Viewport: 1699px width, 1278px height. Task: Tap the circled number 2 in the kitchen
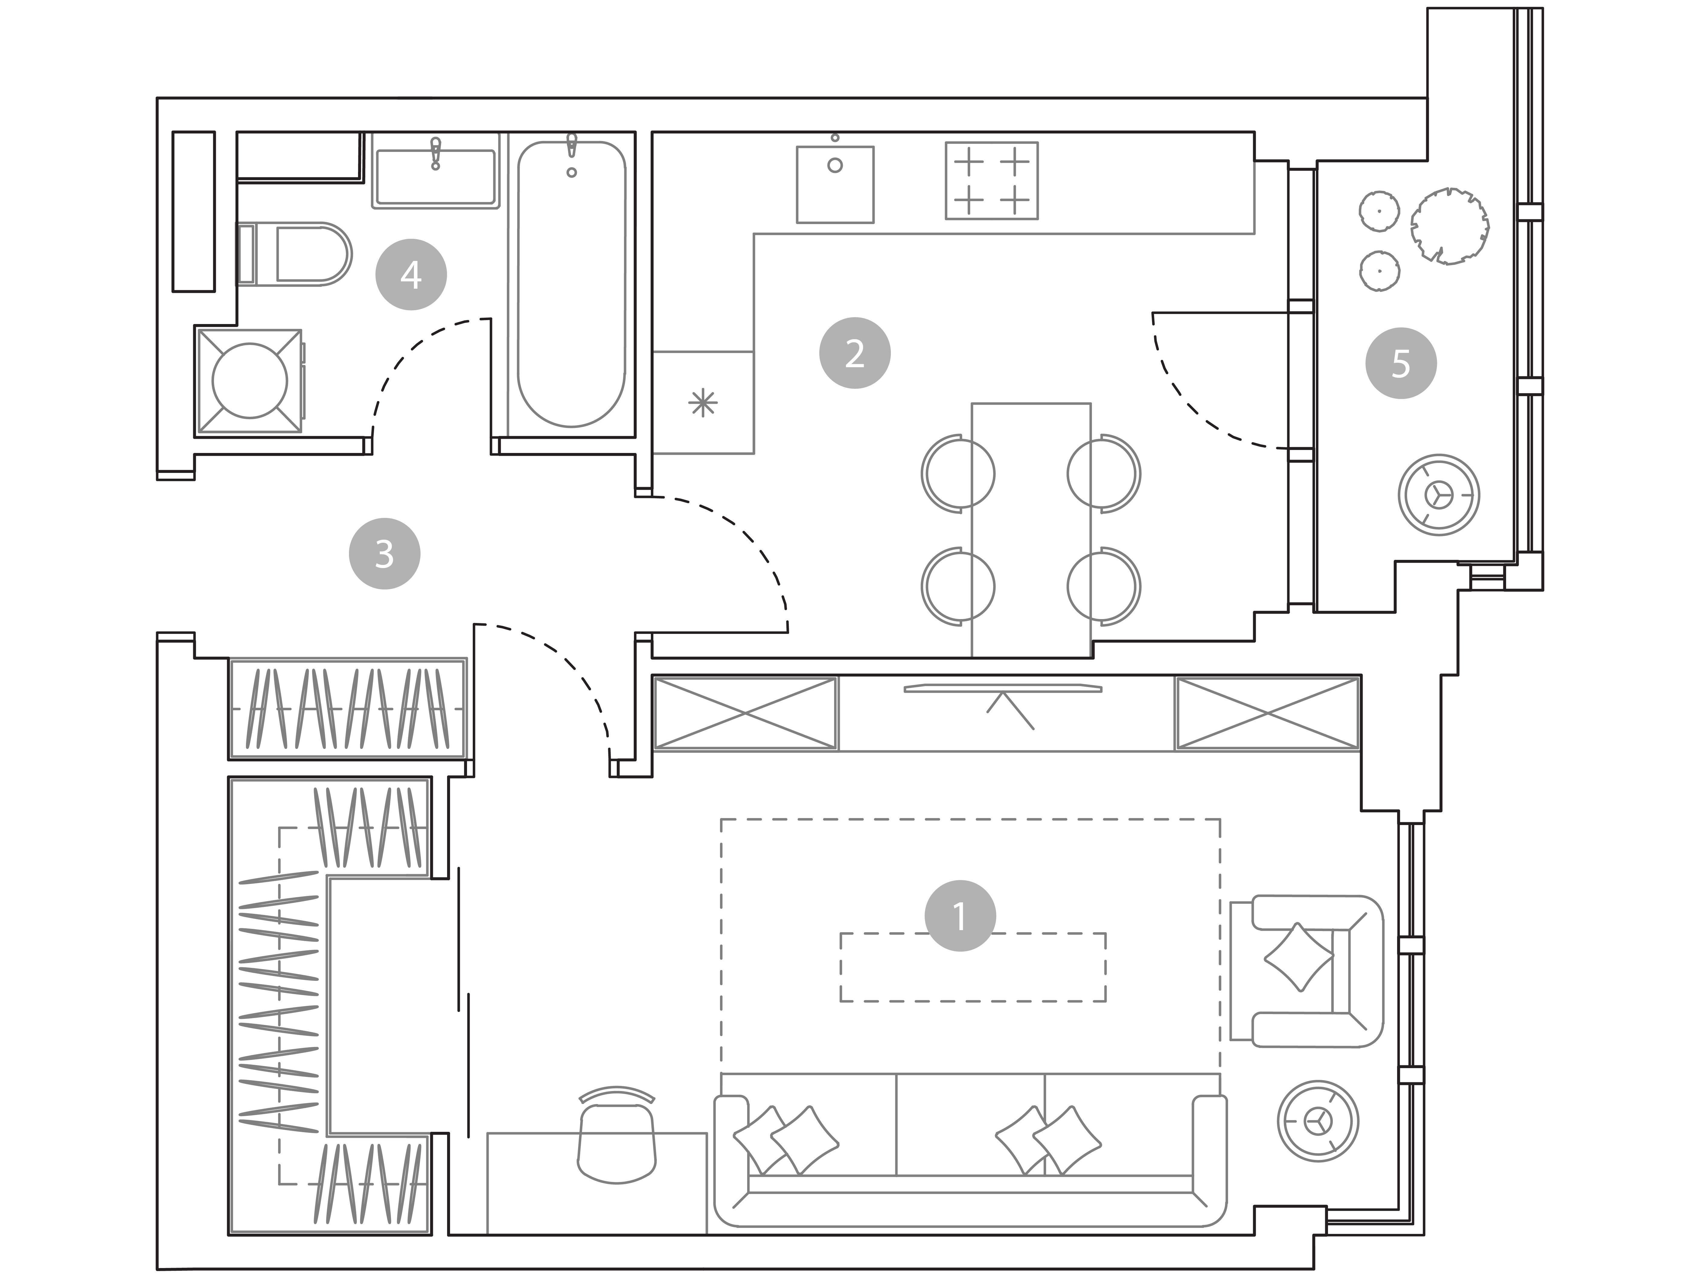pos(855,353)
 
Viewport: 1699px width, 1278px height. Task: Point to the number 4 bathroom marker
pos(411,274)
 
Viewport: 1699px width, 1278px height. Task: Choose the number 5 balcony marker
pos(1401,363)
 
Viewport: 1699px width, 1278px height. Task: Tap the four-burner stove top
pos(992,181)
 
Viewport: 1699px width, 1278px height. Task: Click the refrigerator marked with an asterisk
pos(703,402)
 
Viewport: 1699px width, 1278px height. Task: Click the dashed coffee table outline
pos(972,967)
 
